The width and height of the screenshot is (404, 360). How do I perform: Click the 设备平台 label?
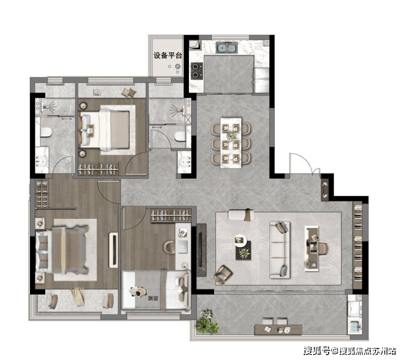click(168, 56)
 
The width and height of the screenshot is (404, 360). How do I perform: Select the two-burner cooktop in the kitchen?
click(197, 71)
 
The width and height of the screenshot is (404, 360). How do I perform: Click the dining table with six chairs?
click(231, 143)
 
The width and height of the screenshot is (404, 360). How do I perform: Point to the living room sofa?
click(280, 250)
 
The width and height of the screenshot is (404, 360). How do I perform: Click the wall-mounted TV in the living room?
click(201, 250)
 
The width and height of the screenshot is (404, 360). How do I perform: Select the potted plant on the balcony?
click(207, 323)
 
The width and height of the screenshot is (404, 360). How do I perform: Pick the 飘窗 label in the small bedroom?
click(153, 298)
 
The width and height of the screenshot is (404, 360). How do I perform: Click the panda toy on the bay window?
click(138, 292)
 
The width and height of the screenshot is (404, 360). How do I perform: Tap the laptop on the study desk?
click(182, 247)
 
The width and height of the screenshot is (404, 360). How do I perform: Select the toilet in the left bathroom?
click(45, 132)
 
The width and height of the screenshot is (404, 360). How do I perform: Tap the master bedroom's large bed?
click(62, 250)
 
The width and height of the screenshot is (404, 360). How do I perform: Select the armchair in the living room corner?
click(223, 275)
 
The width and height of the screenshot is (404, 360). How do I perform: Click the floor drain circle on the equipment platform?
click(177, 67)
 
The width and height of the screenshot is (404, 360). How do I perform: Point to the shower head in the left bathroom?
click(49, 106)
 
